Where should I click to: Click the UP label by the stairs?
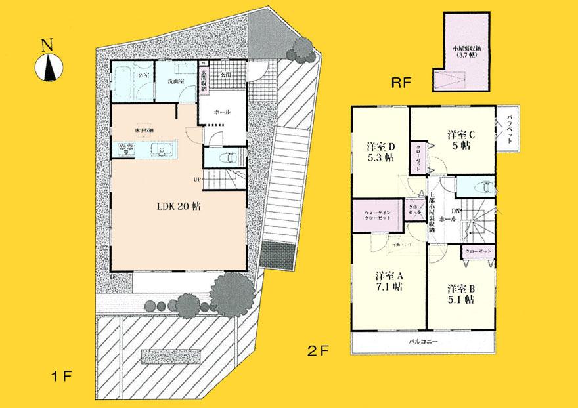coord(196,178)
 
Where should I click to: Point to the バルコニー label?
coord(424,343)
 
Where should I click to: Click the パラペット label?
coord(510,130)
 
